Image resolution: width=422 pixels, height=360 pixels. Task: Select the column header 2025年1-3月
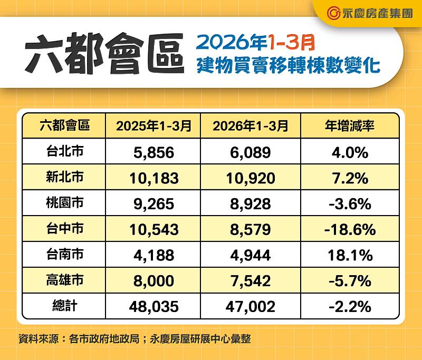[x=154, y=126]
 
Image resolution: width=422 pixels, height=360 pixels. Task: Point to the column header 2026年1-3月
[x=251, y=126]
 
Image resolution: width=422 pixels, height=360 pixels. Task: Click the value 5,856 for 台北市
[x=154, y=152]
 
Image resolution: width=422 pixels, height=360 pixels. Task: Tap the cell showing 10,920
[x=251, y=178]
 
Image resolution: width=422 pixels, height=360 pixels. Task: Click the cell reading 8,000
[x=154, y=281]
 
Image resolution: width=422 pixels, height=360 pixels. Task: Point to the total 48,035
[x=154, y=307]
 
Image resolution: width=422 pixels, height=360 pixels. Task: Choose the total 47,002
[x=251, y=307]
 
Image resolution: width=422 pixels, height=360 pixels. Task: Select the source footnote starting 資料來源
[x=134, y=339]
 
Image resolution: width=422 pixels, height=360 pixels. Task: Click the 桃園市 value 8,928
[x=251, y=204]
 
